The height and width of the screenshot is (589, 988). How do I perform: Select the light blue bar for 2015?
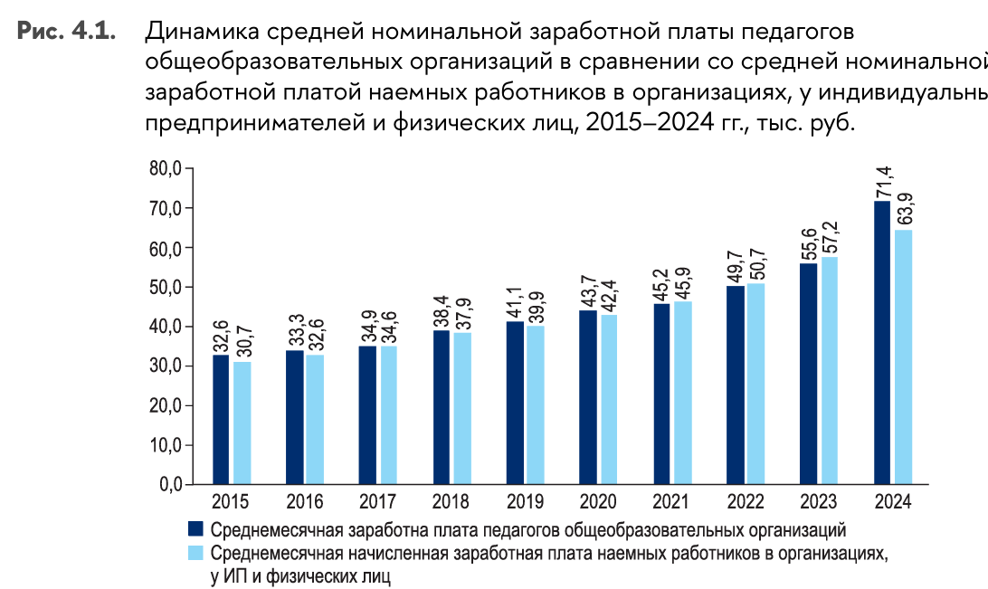242,423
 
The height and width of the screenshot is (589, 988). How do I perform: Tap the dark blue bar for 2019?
515,403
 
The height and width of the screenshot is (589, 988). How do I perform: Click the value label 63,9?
903,209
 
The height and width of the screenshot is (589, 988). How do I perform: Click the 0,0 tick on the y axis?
168,485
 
